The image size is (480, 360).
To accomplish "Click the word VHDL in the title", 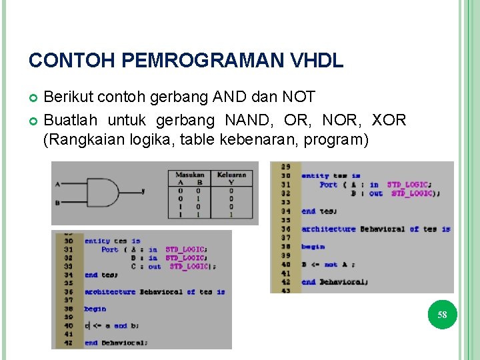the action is click(317, 61).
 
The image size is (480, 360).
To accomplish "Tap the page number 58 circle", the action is click(442, 315).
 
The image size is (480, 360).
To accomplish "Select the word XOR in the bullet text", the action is click(389, 121).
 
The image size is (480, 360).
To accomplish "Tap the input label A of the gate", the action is click(57, 183).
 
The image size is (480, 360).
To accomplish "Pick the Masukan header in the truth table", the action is click(190, 175).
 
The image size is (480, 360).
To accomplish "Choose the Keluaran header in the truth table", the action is click(231, 175).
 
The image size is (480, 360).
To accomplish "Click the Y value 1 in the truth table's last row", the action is click(231, 214).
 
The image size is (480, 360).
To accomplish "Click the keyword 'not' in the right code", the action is click(331, 264).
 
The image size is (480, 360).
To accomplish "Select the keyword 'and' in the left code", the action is click(120, 326).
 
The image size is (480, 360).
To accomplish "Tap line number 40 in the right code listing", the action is click(286, 264).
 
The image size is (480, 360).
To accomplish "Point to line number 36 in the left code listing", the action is click(69, 292).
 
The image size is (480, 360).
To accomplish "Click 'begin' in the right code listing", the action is click(313, 247).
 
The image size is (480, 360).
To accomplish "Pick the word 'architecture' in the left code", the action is click(109, 292).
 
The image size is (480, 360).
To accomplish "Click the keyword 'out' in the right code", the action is click(376, 193).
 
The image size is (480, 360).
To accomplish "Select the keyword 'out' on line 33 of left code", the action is click(155, 267).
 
